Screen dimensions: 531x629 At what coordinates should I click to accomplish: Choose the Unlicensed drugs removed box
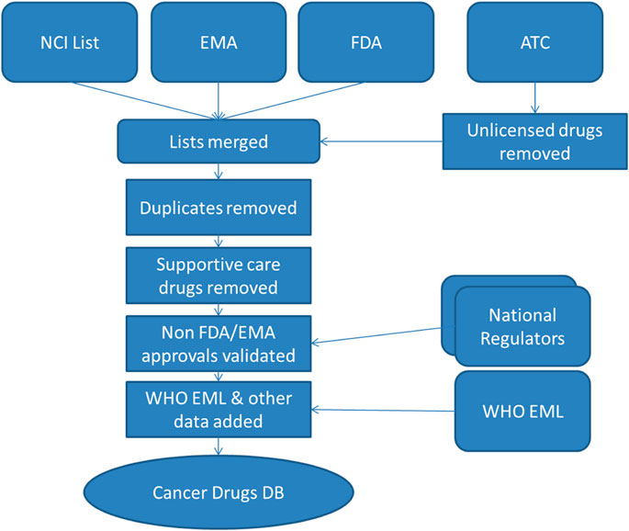point(534,141)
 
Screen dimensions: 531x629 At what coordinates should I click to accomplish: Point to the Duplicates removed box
point(218,208)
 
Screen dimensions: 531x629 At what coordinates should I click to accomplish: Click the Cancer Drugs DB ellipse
point(218,495)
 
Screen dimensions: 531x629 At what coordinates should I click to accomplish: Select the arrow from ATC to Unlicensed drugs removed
point(534,96)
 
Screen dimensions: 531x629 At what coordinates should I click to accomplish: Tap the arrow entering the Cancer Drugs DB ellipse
point(218,448)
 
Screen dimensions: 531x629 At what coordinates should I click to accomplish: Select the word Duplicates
point(179,208)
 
